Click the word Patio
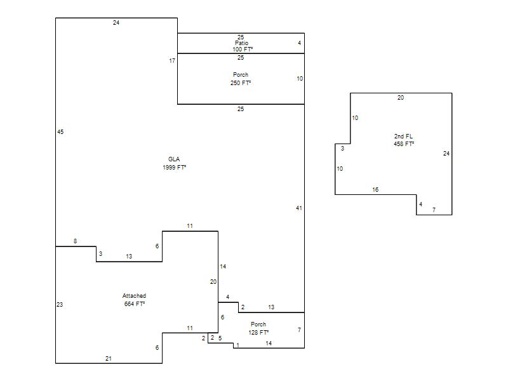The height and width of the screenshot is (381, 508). tap(242, 43)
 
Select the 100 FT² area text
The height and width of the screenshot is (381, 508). tap(243, 50)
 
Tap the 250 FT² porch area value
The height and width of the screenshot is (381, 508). tap(241, 83)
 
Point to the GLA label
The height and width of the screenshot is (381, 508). tap(174, 159)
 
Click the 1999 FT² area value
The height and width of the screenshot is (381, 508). tap(174, 167)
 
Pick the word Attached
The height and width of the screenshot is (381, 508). tap(134, 296)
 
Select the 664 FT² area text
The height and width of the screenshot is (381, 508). tap(135, 304)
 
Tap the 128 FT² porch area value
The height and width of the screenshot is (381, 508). tap(258, 332)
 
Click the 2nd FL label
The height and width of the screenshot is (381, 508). tap(403, 137)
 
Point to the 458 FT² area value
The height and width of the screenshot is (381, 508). tap(404, 144)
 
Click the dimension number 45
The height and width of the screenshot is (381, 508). tap(60, 132)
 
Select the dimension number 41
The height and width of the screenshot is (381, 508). tap(299, 208)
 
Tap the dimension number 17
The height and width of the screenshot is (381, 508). tap(172, 61)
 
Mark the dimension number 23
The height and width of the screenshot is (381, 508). tap(60, 305)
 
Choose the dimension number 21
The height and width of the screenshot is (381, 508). tap(109, 359)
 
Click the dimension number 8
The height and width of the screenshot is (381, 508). tap(75, 241)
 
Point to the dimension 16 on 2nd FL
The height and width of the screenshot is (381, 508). tap(375, 190)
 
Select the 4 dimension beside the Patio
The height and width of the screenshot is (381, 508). tap(299, 43)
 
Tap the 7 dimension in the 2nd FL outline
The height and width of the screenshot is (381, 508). tap(434, 210)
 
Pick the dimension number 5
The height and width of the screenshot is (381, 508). tap(220, 338)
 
